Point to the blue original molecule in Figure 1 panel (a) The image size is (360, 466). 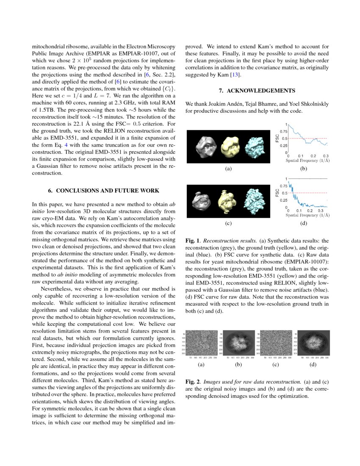click(255, 147)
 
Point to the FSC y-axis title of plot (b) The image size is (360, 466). click(278, 138)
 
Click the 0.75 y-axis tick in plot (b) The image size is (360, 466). click(283, 132)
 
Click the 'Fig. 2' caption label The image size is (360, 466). click(193, 382)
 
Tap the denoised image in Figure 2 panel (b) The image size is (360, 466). click(238, 344)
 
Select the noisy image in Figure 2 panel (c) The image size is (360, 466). click(277, 344)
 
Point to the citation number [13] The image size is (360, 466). click(235, 75)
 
